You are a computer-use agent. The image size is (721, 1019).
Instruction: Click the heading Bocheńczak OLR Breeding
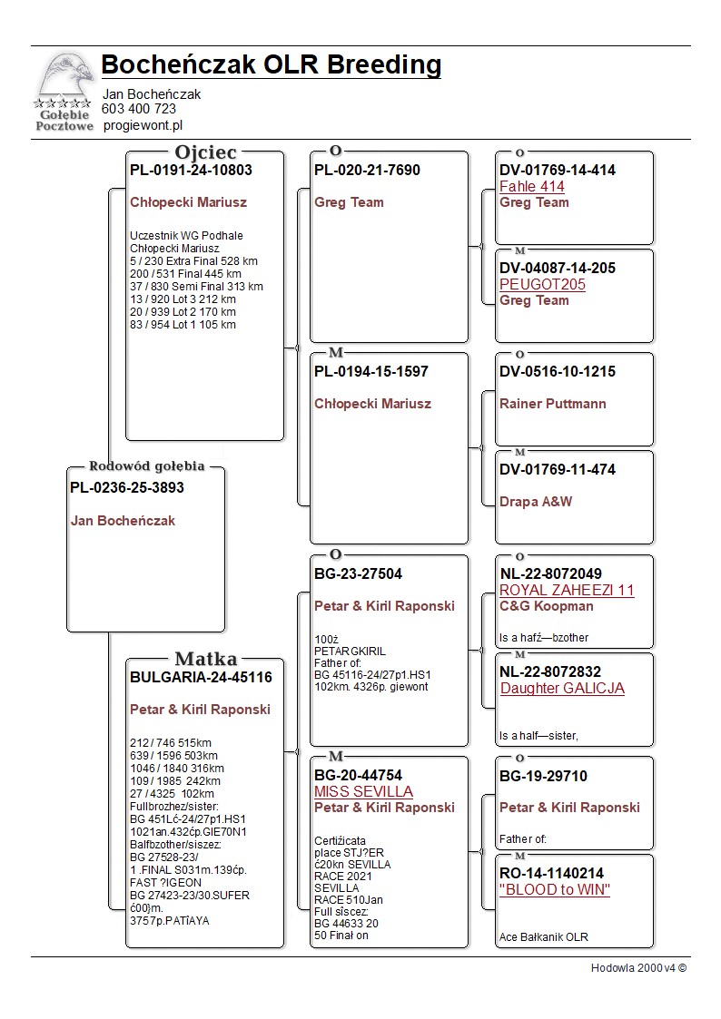coord(271,65)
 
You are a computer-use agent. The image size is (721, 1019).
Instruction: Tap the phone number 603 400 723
coord(139,109)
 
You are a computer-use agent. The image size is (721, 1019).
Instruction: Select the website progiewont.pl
coord(143,125)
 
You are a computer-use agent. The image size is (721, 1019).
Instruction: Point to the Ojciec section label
coord(205,152)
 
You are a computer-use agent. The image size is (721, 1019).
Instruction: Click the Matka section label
coord(205,659)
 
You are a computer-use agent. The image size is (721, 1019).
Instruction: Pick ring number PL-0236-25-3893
coord(127,487)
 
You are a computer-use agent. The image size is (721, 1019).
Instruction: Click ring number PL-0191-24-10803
coord(191,170)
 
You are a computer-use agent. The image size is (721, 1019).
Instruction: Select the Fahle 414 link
coord(532,187)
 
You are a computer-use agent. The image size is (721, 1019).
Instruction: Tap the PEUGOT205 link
coord(542,285)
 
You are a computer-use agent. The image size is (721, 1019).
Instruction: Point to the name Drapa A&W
coord(536,502)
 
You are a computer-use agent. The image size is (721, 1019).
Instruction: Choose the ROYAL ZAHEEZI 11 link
coord(567,590)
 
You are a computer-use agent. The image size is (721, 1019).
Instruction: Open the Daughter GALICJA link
coord(562,688)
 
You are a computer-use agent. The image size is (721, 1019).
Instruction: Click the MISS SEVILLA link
coord(363,792)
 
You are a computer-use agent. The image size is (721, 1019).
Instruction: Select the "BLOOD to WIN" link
coord(554,890)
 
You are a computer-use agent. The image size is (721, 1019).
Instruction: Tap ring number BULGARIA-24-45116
coord(201,677)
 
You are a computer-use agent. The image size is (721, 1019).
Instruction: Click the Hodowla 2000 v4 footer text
coord(638,967)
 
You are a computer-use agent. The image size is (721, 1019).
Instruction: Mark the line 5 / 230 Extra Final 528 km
coord(193,261)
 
